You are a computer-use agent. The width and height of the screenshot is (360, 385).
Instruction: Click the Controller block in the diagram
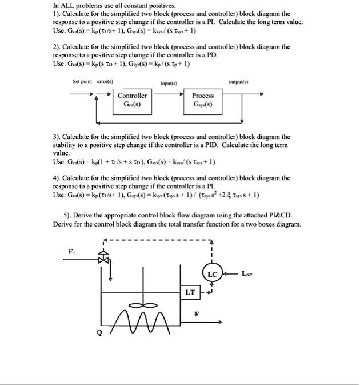pos(132,100)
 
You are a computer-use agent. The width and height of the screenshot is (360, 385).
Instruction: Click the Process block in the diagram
pos(203,100)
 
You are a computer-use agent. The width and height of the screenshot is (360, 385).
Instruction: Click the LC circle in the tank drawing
pos(212,274)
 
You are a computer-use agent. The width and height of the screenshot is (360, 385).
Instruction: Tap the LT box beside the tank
pos(190,292)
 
